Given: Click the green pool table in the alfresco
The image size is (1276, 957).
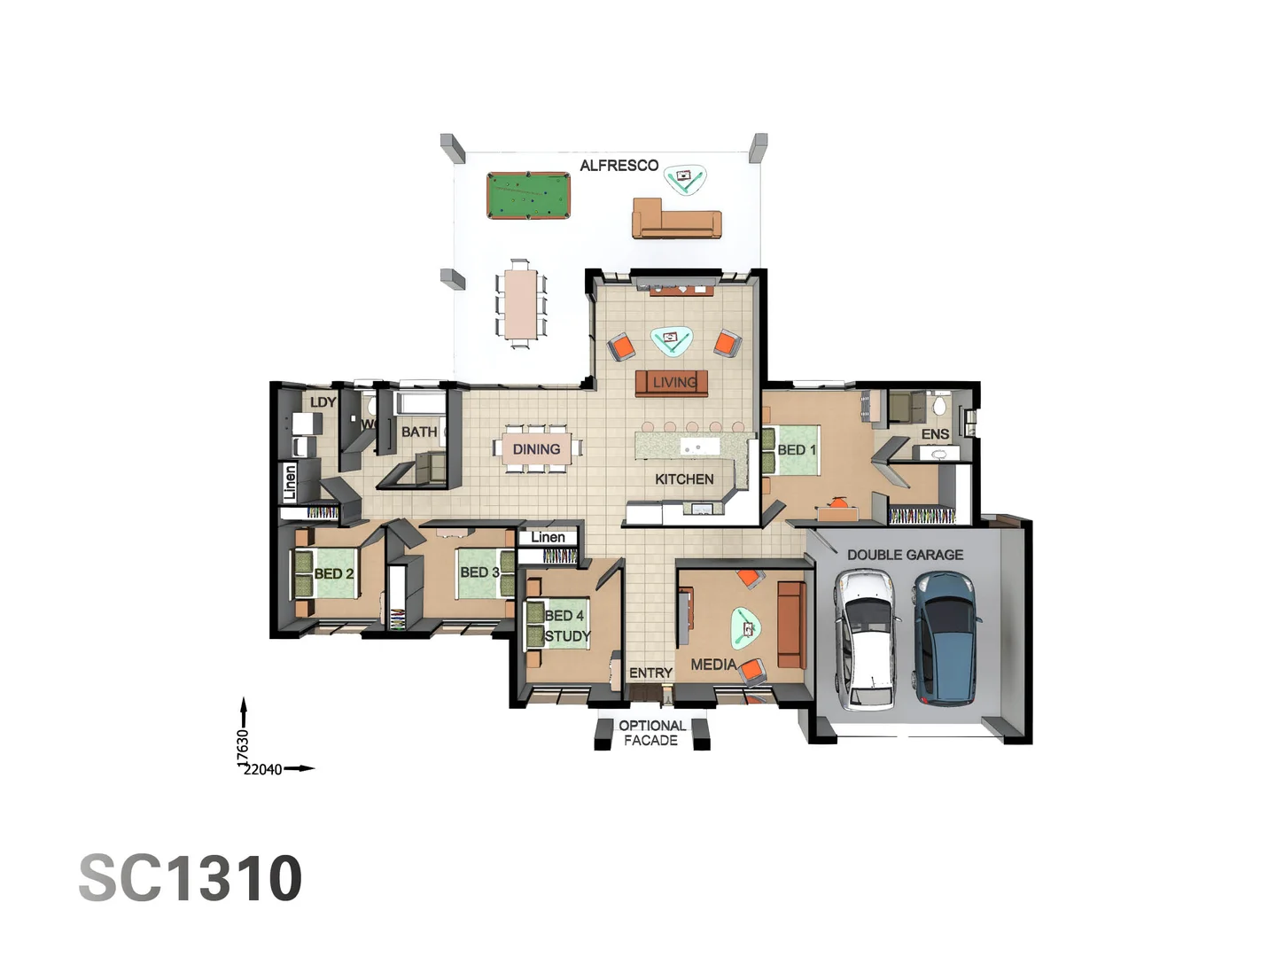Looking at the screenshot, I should click(x=528, y=196).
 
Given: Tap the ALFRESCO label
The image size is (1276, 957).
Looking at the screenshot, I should click(x=619, y=166).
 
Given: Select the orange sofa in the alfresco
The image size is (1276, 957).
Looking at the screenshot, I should click(x=676, y=219).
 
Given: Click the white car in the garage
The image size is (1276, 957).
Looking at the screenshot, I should click(x=867, y=639).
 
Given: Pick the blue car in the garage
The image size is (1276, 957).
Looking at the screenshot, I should click(x=946, y=637).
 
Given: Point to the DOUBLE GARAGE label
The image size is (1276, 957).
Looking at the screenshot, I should click(x=905, y=555).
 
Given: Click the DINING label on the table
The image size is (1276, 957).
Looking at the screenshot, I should click(x=536, y=449).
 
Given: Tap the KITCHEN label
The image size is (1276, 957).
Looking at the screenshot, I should click(x=684, y=479).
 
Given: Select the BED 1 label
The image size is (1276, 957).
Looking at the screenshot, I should click(x=797, y=450).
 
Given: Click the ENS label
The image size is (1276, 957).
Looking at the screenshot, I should click(x=935, y=434).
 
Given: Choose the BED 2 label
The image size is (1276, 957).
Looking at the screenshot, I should click(x=334, y=574).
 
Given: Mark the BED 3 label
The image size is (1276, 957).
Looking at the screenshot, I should click(x=479, y=572).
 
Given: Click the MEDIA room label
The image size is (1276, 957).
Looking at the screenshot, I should click(x=713, y=665).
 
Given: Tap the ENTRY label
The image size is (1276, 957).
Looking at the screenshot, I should click(x=650, y=673).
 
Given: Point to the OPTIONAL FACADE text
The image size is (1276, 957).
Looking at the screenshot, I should click(x=651, y=733).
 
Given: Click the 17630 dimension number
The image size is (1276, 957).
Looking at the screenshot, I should click(x=243, y=747).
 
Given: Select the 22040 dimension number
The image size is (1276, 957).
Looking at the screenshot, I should click(x=263, y=769).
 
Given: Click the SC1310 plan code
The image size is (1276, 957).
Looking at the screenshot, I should click(x=191, y=878).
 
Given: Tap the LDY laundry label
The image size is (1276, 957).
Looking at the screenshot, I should click(x=323, y=402).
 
